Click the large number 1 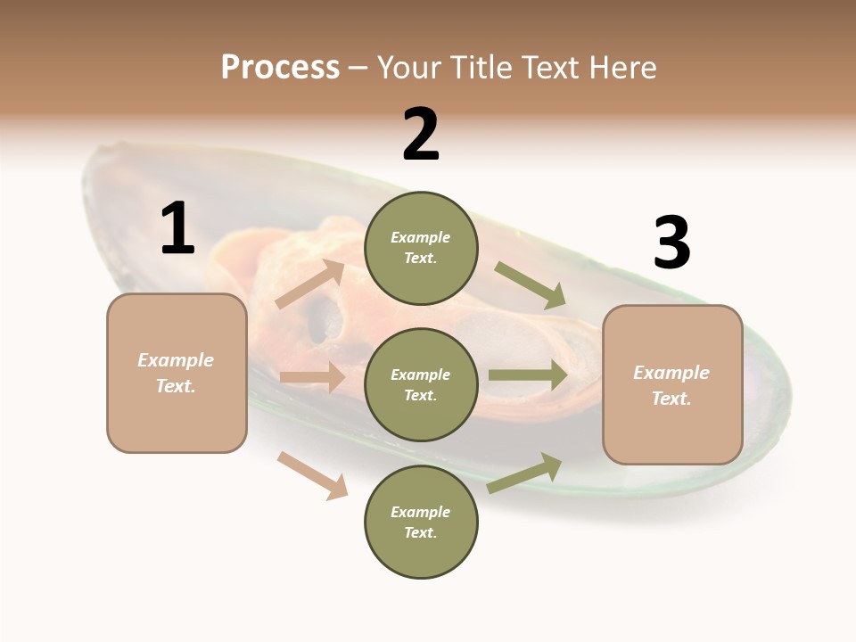[x=177, y=229]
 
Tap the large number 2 [x=421, y=135]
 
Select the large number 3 [x=671, y=243]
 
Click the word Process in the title [x=280, y=67]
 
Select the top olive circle [x=421, y=248]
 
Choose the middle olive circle [x=421, y=385]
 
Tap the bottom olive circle [x=421, y=523]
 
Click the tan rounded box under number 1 [x=177, y=373]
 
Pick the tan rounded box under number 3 [x=672, y=385]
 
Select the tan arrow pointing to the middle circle [x=312, y=377]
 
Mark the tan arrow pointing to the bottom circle [x=312, y=474]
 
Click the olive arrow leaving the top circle [x=531, y=285]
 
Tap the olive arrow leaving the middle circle [x=528, y=375]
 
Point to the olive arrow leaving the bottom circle [x=524, y=473]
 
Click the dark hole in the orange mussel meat [x=323, y=317]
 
